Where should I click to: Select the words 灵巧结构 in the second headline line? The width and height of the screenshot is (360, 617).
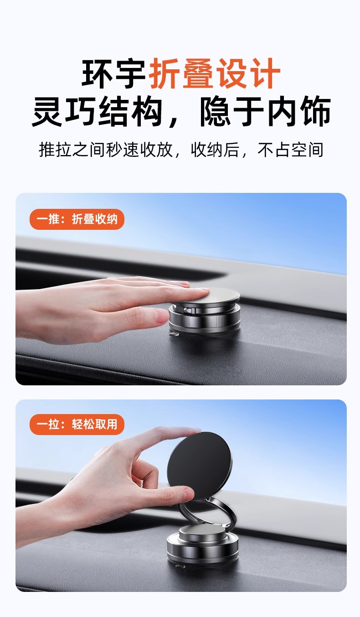point(97,112)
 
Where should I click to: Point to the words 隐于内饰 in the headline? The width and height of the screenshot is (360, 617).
point(265,112)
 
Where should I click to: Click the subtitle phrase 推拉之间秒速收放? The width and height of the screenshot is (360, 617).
point(106,150)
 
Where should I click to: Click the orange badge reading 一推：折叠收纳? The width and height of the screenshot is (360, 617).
point(77,219)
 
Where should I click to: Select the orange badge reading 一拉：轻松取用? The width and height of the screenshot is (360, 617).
point(77,425)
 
